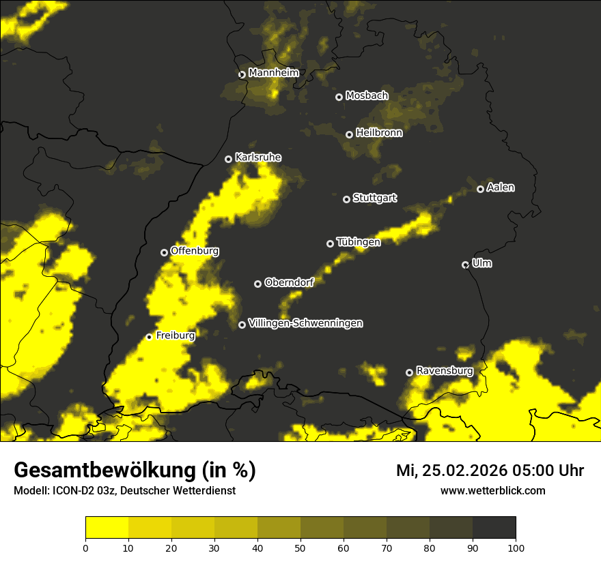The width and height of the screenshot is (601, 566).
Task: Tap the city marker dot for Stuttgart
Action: coord(346,199)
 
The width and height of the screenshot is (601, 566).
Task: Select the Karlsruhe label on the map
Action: coord(257,158)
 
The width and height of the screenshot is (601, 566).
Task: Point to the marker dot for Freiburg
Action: coord(149,337)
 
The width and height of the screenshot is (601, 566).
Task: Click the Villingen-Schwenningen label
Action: coord(305,323)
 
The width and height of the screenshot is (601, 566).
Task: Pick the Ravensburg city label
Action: coord(444,371)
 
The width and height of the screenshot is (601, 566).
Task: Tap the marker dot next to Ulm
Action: coord(465,265)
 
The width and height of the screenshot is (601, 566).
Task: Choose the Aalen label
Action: coord(501,188)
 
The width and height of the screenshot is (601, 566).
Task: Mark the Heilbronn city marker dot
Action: coord(349,134)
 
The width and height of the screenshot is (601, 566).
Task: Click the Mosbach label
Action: coord(366,96)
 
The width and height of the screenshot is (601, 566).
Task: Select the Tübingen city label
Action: coord(359,242)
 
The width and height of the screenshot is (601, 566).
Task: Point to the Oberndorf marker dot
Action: coord(257,284)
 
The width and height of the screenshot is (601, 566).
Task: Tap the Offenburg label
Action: coord(195,251)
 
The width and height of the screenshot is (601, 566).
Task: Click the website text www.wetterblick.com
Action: coord(492,490)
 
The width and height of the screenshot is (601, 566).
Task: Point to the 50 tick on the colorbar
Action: coord(300,548)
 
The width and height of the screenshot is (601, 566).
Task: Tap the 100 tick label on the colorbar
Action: coord(516,548)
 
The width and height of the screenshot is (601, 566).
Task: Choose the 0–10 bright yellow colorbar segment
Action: coord(107,528)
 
